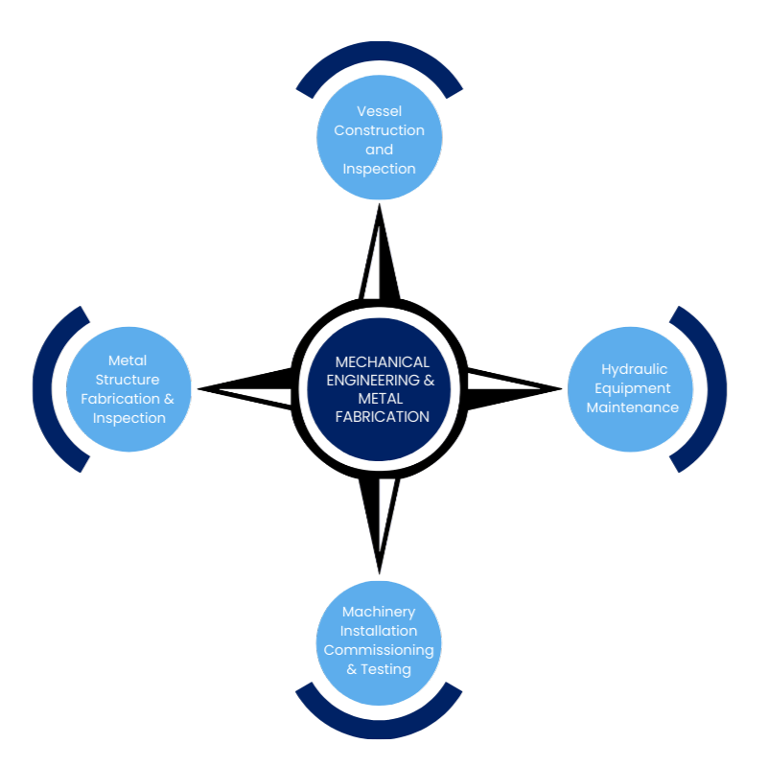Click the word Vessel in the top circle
(x=379, y=111)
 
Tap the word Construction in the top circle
(x=379, y=130)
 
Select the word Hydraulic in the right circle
(x=634, y=369)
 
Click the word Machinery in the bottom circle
(x=379, y=612)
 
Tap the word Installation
(x=379, y=631)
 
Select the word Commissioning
(x=379, y=650)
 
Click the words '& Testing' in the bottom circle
(x=379, y=669)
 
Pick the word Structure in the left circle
(x=128, y=380)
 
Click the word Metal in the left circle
(x=128, y=360)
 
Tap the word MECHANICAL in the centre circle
(x=382, y=362)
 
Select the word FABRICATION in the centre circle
(x=382, y=416)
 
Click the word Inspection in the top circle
(x=379, y=169)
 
